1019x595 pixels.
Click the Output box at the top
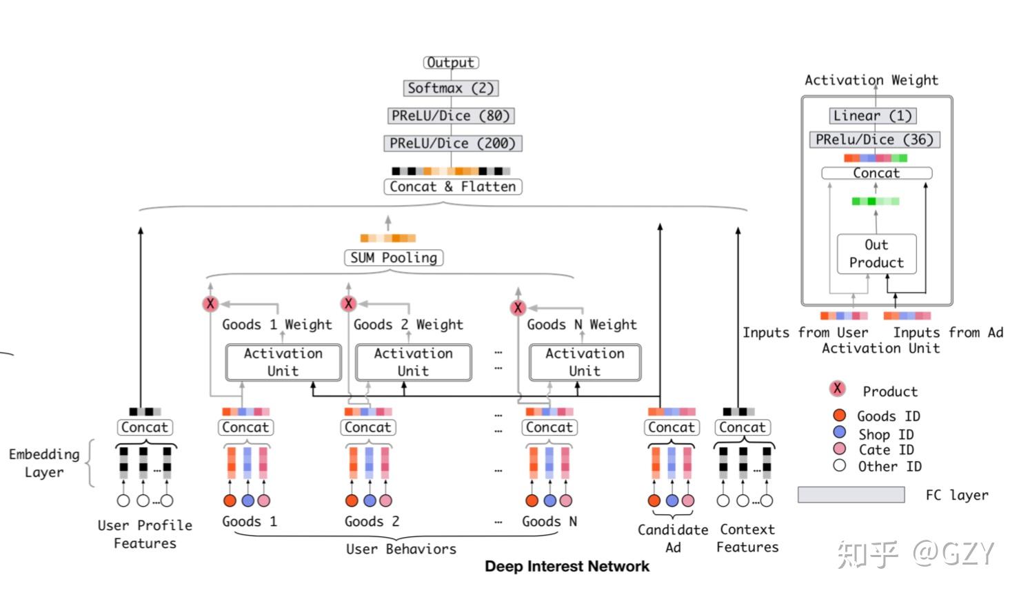(x=451, y=62)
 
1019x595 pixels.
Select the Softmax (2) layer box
(x=451, y=88)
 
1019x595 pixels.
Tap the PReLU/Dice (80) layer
(x=451, y=116)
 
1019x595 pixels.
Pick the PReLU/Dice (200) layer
(x=452, y=144)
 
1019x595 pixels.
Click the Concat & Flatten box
(x=452, y=186)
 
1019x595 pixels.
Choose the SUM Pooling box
(x=394, y=258)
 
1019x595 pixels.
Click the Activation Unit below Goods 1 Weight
(x=283, y=362)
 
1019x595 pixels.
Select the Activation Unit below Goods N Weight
(x=585, y=362)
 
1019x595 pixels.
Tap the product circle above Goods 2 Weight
(x=349, y=304)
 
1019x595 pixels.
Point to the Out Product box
(x=876, y=254)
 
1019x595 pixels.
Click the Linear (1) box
(x=872, y=116)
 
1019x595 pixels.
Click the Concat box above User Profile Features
(x=145, y=427)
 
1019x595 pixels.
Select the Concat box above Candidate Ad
(x=672, y=427)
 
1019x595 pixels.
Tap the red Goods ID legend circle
(x=839, y=415)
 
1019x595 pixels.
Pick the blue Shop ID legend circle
(x=839, y=432)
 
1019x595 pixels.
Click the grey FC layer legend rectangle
(x=851, y=494)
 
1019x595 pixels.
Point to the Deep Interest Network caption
(x=567, y=567)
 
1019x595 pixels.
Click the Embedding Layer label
(x=44, y=463)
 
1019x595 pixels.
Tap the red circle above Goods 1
(x=230, y=500)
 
